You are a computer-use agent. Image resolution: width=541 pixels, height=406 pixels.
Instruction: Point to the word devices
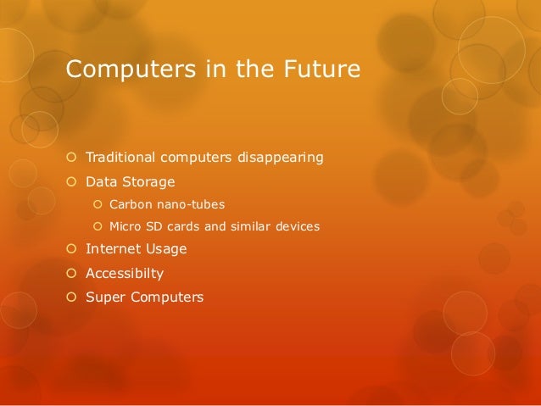(x=298, y=226)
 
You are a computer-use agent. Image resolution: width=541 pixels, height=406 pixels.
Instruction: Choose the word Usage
(x=165, y=249)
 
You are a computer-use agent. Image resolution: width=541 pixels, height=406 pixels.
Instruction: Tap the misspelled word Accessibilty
(x=125, y=274)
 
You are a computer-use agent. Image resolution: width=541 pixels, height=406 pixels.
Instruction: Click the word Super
(x=103, y=298)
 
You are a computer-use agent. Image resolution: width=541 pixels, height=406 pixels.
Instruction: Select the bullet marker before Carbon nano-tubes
(x=98, y=204)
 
